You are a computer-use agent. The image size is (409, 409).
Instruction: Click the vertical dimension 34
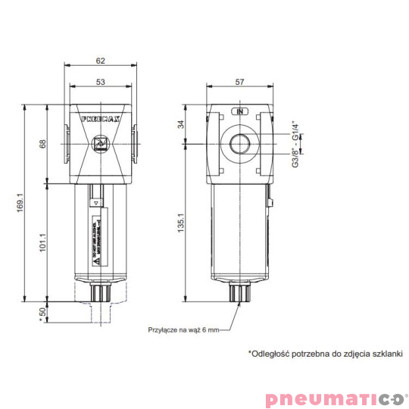tap(181, 124)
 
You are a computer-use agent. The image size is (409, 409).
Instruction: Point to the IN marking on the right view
tap(239, 112)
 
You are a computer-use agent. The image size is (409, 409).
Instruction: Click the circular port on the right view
tap(239, 143)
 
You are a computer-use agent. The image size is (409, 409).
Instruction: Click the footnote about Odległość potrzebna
tap(326, 354)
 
